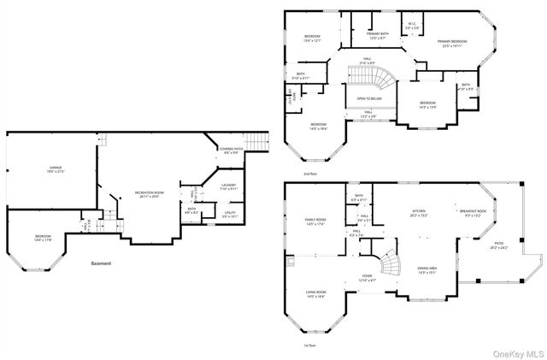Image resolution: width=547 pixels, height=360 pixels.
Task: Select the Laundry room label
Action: [228, 186]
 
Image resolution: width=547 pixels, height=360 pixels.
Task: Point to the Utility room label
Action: [230, 214]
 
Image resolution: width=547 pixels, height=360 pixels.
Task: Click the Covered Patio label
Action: [230, 150]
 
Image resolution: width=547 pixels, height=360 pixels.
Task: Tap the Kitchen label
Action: [419, 211]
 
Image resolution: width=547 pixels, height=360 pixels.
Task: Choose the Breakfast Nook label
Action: [473, 211]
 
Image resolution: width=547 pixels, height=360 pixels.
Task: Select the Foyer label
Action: [367, 277]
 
